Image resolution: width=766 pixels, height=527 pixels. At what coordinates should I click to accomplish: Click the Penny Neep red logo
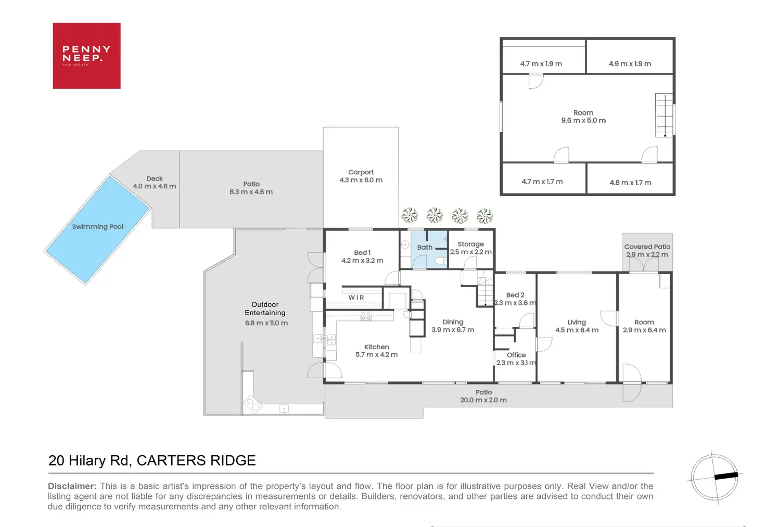click(86, 56)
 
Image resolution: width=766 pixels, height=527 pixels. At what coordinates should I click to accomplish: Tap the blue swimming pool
click(98, 229)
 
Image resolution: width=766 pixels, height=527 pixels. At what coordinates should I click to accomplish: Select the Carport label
click(361, 172)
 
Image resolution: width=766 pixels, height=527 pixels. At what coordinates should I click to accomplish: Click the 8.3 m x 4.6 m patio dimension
click(251, 192)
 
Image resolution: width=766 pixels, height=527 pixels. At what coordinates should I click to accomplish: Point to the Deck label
click(155, 178)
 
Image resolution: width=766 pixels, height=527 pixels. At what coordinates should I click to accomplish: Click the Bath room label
click(425, 248)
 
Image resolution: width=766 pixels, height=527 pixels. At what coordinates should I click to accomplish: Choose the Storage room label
click(470, 244)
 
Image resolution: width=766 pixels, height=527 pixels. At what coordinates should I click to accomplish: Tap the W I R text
click(356, 298)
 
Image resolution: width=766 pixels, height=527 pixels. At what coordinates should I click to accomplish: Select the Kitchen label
click(376, 347)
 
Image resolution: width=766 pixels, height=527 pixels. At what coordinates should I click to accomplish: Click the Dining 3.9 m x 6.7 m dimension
click(453, 330)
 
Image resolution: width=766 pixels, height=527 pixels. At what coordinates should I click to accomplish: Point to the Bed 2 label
click(515, 295)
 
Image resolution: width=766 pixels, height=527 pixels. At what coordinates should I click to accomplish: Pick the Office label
click(516, 355)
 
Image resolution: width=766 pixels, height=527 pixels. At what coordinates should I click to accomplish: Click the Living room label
click(577, 323)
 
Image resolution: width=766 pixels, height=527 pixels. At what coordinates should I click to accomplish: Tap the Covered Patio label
click(647, 247)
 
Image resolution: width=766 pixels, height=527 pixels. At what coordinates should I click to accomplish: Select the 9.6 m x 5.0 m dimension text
click(583, 121)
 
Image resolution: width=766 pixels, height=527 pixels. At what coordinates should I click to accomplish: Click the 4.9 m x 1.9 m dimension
click(630, 64)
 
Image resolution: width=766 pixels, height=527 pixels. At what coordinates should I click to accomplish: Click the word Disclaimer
click(72, 486)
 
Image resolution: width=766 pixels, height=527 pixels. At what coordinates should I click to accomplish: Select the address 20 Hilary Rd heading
click(152, 460)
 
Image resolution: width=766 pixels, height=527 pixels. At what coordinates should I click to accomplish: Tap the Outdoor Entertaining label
click(265, 309)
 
